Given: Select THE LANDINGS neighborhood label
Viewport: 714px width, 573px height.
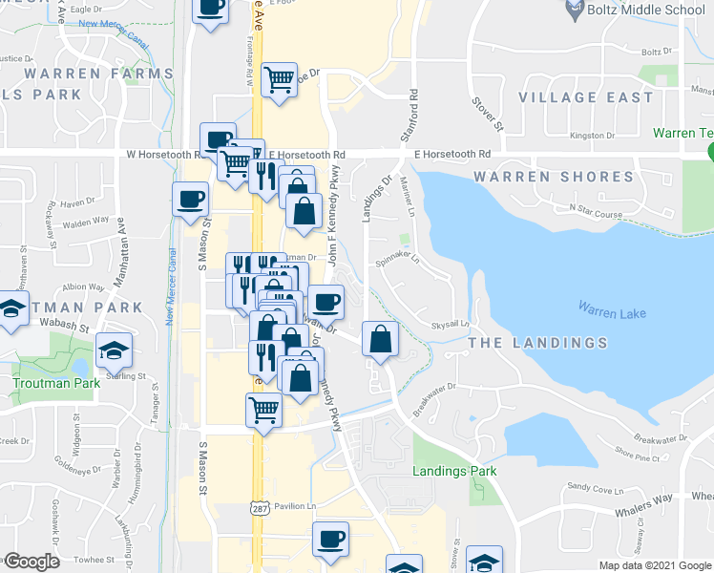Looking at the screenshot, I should (x=536, y=343).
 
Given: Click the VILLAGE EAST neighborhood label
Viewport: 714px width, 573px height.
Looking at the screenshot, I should (x=586, y=97).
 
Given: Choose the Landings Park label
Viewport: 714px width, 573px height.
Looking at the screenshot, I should (x=454, y=471).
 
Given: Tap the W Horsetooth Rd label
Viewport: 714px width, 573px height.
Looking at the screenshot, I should (x=161, y=153).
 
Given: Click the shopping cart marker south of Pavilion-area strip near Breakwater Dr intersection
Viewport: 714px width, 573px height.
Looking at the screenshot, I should (x=263, y=411).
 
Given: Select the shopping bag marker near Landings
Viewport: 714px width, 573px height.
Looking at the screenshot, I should (x=380, y=338).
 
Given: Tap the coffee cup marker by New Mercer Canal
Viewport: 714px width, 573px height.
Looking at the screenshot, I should (x=190, y=199).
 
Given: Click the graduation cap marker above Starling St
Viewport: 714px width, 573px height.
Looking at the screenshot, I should (x=115, y=350).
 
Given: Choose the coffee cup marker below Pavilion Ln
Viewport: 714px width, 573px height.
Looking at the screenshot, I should (x=330, y=540).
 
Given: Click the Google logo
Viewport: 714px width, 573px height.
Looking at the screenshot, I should (x=31, y=562).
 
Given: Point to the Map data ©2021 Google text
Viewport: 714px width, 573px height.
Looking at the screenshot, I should (x=654, y=565).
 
